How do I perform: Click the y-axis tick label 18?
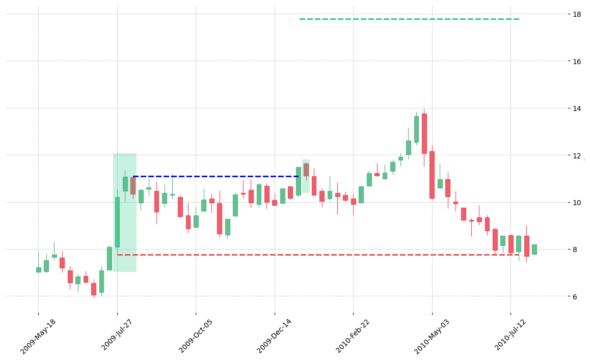[x=576, y=14]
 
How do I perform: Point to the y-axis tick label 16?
[x=576, y=61]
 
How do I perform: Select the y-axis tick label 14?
[x=576, y=108]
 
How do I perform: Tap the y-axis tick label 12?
[x=576, y=155]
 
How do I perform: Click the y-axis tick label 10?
[x=576, y=202]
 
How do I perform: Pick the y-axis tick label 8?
[x=574, y=250]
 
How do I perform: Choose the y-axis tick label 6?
[x=574, y=296]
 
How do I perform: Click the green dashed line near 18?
[x=410, y=19]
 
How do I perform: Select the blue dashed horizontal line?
[x=216, y=176]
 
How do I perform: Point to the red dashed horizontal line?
[x=318, y=255]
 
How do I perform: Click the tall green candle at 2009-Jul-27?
[x=117, y=222]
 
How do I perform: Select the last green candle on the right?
[x=534, y=250]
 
